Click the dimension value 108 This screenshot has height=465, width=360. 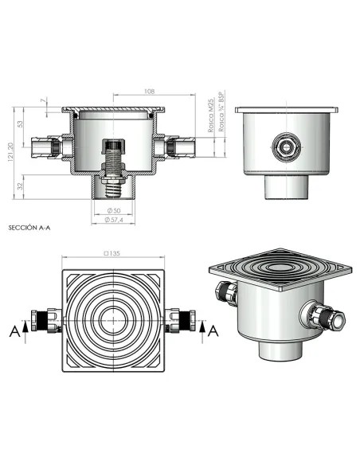tap(150, 92)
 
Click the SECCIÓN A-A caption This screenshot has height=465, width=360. tap(28, 227)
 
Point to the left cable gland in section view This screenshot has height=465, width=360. tap(49, 148)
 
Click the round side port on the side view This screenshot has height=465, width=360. tap(284, 147)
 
